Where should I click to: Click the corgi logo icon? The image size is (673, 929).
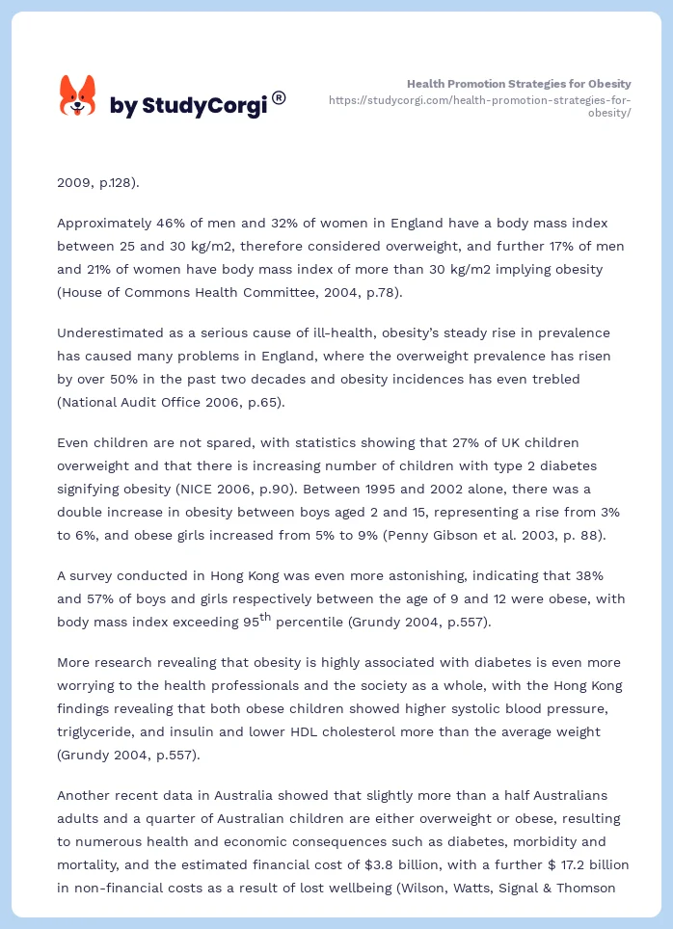point(77,96)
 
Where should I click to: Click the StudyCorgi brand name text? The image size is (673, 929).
point(188,106)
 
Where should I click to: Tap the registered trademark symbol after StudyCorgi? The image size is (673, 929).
point(279,97)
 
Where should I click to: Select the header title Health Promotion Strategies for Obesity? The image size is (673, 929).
point(519,84)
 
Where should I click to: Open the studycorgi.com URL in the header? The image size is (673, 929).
point(479,106)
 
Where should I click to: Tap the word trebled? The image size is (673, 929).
point(555,379)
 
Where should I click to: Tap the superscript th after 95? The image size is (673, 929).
point(265,616)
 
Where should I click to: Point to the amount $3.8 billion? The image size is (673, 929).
point(383,864)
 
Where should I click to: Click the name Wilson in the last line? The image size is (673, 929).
point(420,888)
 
